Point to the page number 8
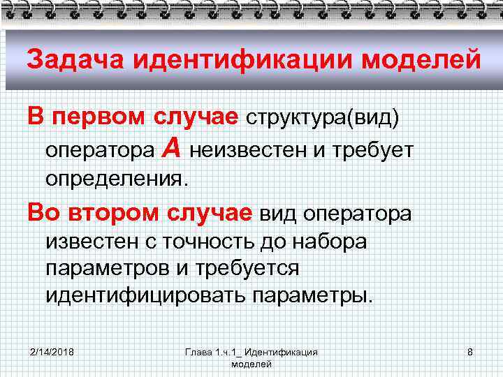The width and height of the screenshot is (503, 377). tap(470, 352)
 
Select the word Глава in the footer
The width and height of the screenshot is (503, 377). tap(198, 352)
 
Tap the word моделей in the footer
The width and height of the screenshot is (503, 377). tap(251, 364)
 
